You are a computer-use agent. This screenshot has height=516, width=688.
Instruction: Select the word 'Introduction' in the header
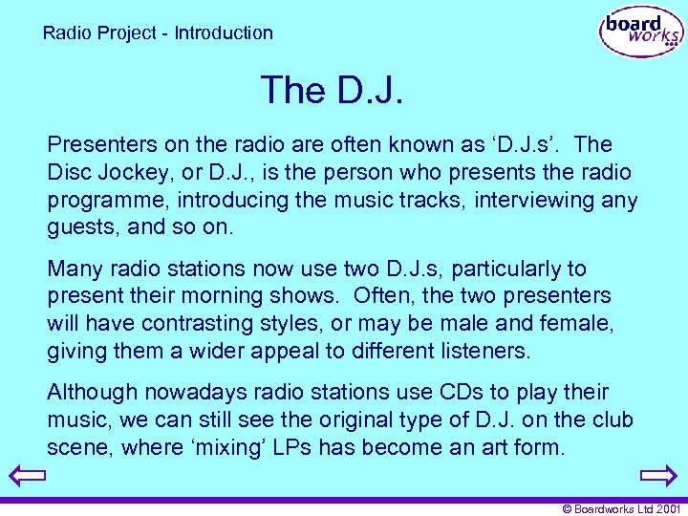[224, 32]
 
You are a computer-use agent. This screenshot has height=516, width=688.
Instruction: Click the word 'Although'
[89, 393]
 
